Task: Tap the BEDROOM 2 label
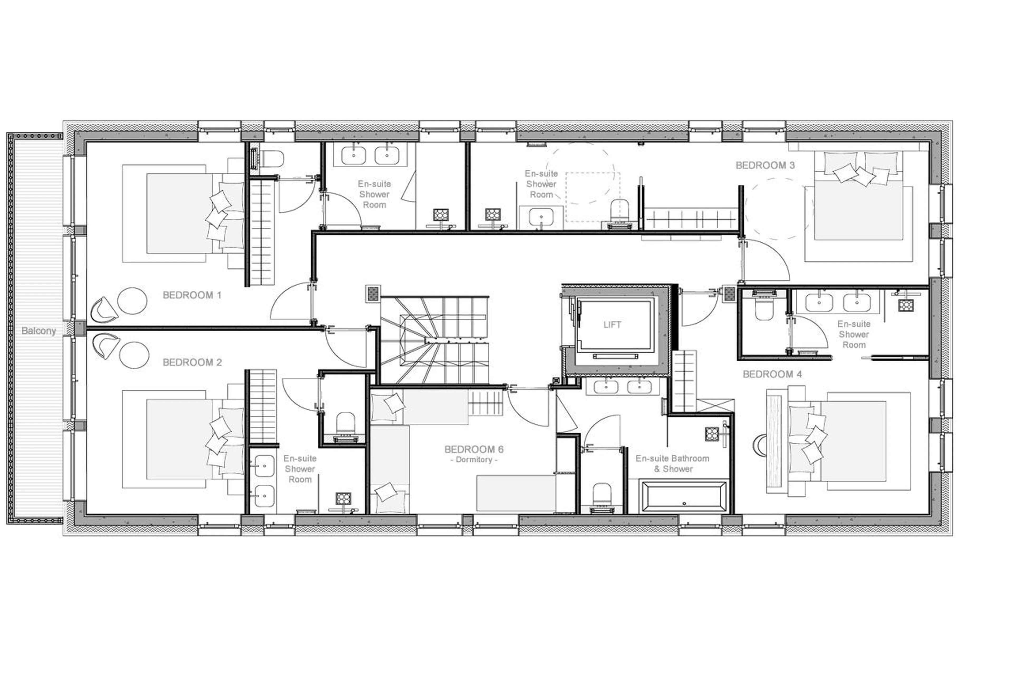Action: [x=192, y=362]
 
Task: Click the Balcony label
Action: [x=39, y=331]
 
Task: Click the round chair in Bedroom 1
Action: [x=133, y=300]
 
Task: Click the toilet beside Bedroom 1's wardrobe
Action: [x=272, y=159]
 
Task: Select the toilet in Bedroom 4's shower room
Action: [x=764, y=309]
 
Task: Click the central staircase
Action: [x=435, y=340]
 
